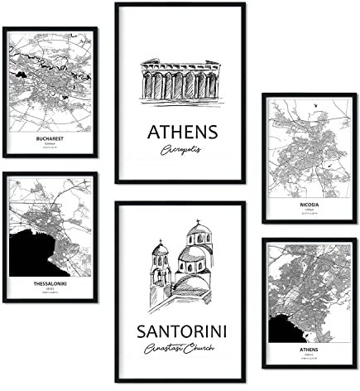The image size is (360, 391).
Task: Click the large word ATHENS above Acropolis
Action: (x=182, y=133)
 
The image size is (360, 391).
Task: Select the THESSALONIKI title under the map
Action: (x=50, y=281)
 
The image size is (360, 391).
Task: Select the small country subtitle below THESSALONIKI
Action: (x=50, y=287)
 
